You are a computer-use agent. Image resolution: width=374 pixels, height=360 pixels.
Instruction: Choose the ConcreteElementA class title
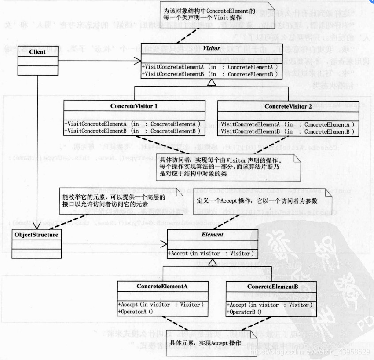click(162, 286)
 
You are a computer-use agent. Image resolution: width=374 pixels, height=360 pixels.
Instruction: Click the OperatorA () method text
click(135, 312)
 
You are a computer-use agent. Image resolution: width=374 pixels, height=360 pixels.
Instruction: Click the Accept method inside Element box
click(211, 253)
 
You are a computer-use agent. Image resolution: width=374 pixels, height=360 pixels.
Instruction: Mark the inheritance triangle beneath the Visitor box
click(212, 83)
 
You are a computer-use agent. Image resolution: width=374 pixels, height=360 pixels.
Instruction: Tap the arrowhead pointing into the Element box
click(164, 244)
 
